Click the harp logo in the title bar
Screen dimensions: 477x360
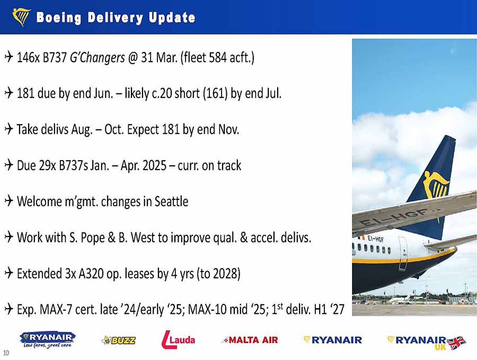(x=21, y=17)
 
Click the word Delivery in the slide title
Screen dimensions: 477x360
(x=116, y=18)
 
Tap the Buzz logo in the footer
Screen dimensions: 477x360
(x=119, y=340)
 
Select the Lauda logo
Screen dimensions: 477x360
(x=178, y=339)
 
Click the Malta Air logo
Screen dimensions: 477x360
(x=250, y=340)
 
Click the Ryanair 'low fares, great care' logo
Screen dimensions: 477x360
(x=48, y=340)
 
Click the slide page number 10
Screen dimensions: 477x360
(x=6, y=353)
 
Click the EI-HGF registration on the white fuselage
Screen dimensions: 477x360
(x=375, y=239)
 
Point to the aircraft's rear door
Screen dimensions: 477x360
(x=403, y=253)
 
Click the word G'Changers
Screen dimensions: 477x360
(x=98, y=57)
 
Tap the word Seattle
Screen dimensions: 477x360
(x=171, y=201)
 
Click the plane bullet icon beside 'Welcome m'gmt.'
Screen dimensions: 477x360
(x=9, y=201)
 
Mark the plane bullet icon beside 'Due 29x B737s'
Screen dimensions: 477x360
(x=9, y=165)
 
